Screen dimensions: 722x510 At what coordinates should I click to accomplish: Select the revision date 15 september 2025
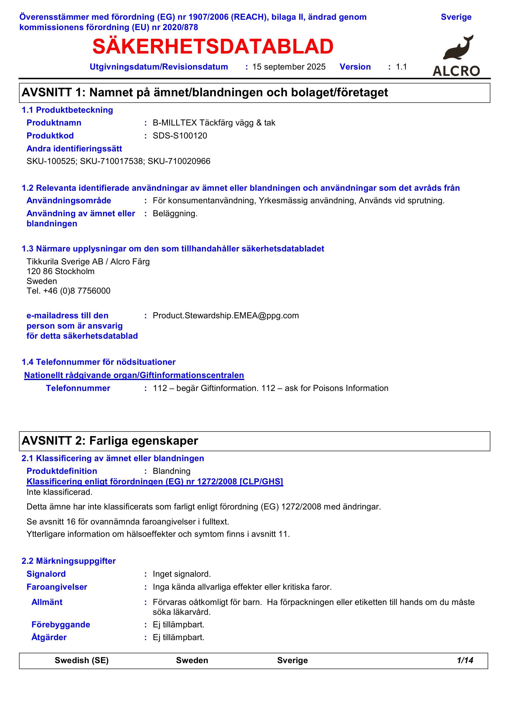(289, 67)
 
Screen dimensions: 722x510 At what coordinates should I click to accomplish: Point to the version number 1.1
(401, 67)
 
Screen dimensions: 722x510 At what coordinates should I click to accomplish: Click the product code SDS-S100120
(180, 136)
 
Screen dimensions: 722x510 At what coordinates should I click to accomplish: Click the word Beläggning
(175, 214)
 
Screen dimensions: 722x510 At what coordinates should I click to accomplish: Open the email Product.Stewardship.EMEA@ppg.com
(226, 316)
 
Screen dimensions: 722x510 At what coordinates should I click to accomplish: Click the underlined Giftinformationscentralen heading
(134, 376)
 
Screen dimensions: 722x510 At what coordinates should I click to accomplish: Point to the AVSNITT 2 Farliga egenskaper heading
(110, 441)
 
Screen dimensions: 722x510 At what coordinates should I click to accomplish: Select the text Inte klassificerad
(59, 492)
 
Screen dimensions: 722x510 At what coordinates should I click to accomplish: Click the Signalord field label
(46, 574)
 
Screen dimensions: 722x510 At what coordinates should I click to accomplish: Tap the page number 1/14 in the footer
(465, 660)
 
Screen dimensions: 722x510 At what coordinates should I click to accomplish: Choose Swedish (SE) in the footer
(82, 660)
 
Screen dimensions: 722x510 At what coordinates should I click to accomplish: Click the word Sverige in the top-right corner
(456, 17)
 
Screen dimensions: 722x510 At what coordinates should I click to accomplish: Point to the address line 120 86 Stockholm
(60, 271)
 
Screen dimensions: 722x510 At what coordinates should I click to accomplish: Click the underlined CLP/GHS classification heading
(155, 482)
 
